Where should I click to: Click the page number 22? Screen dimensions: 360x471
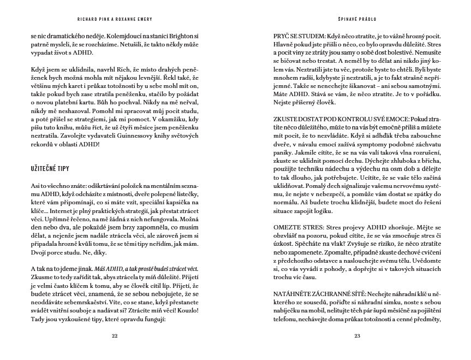pos(114,335)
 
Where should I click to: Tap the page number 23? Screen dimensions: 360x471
pos(357,335)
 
